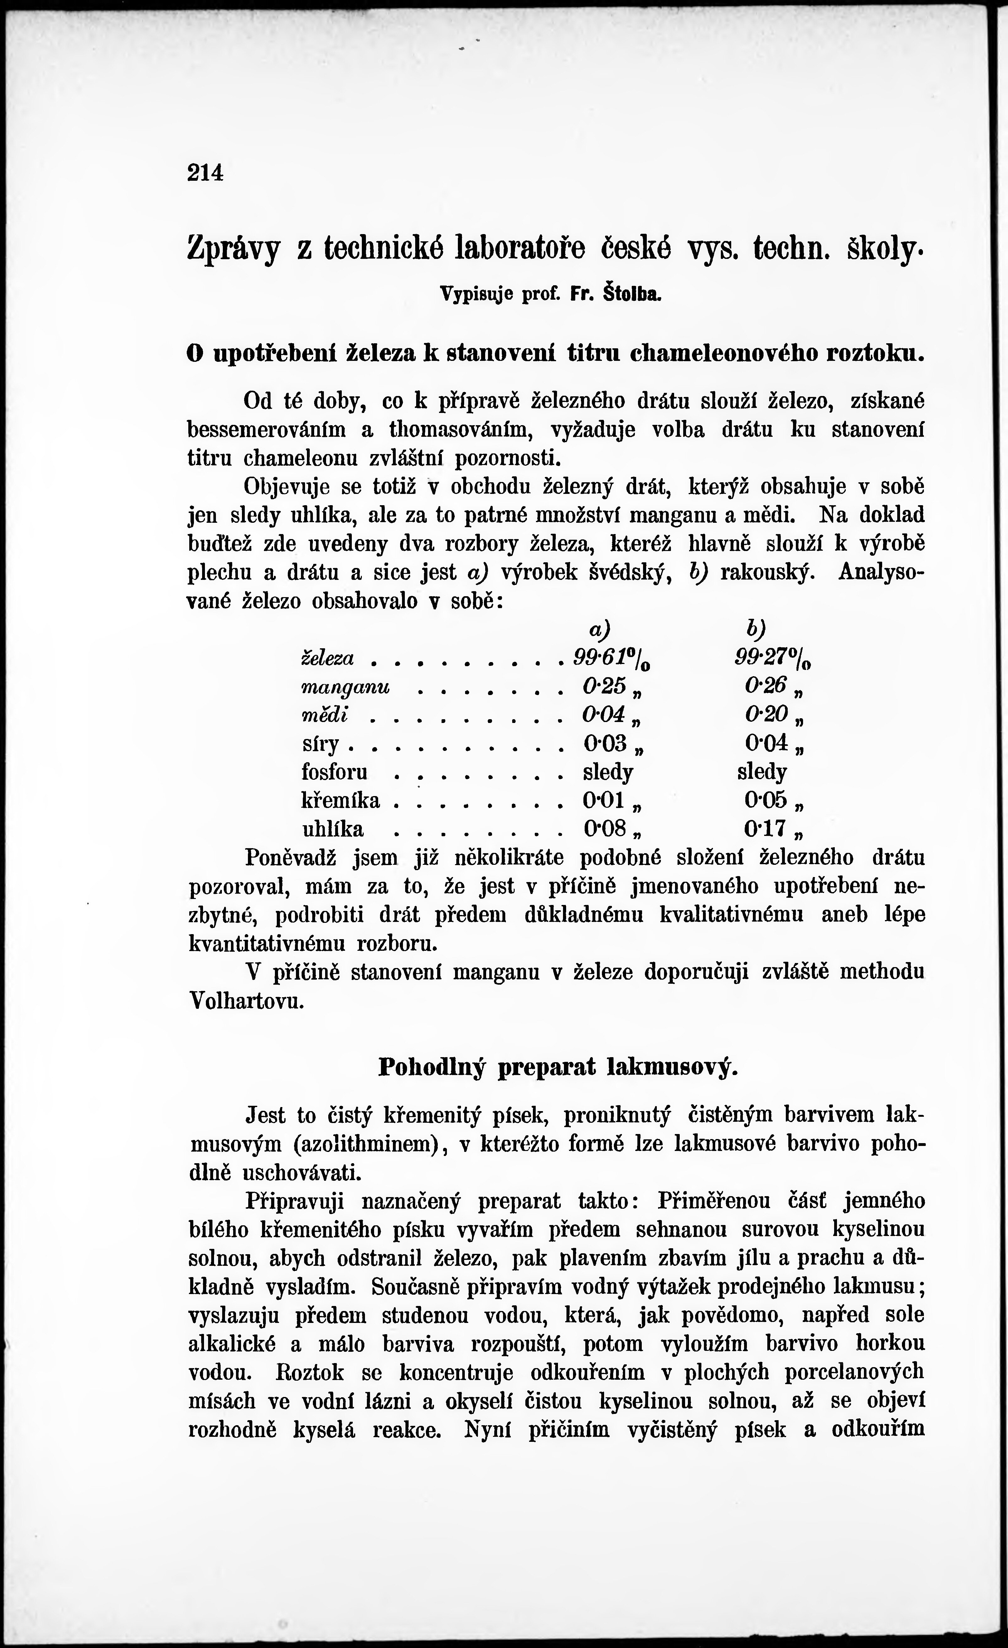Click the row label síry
click(x=321, y=744)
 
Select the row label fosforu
click(x=335, y=772)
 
